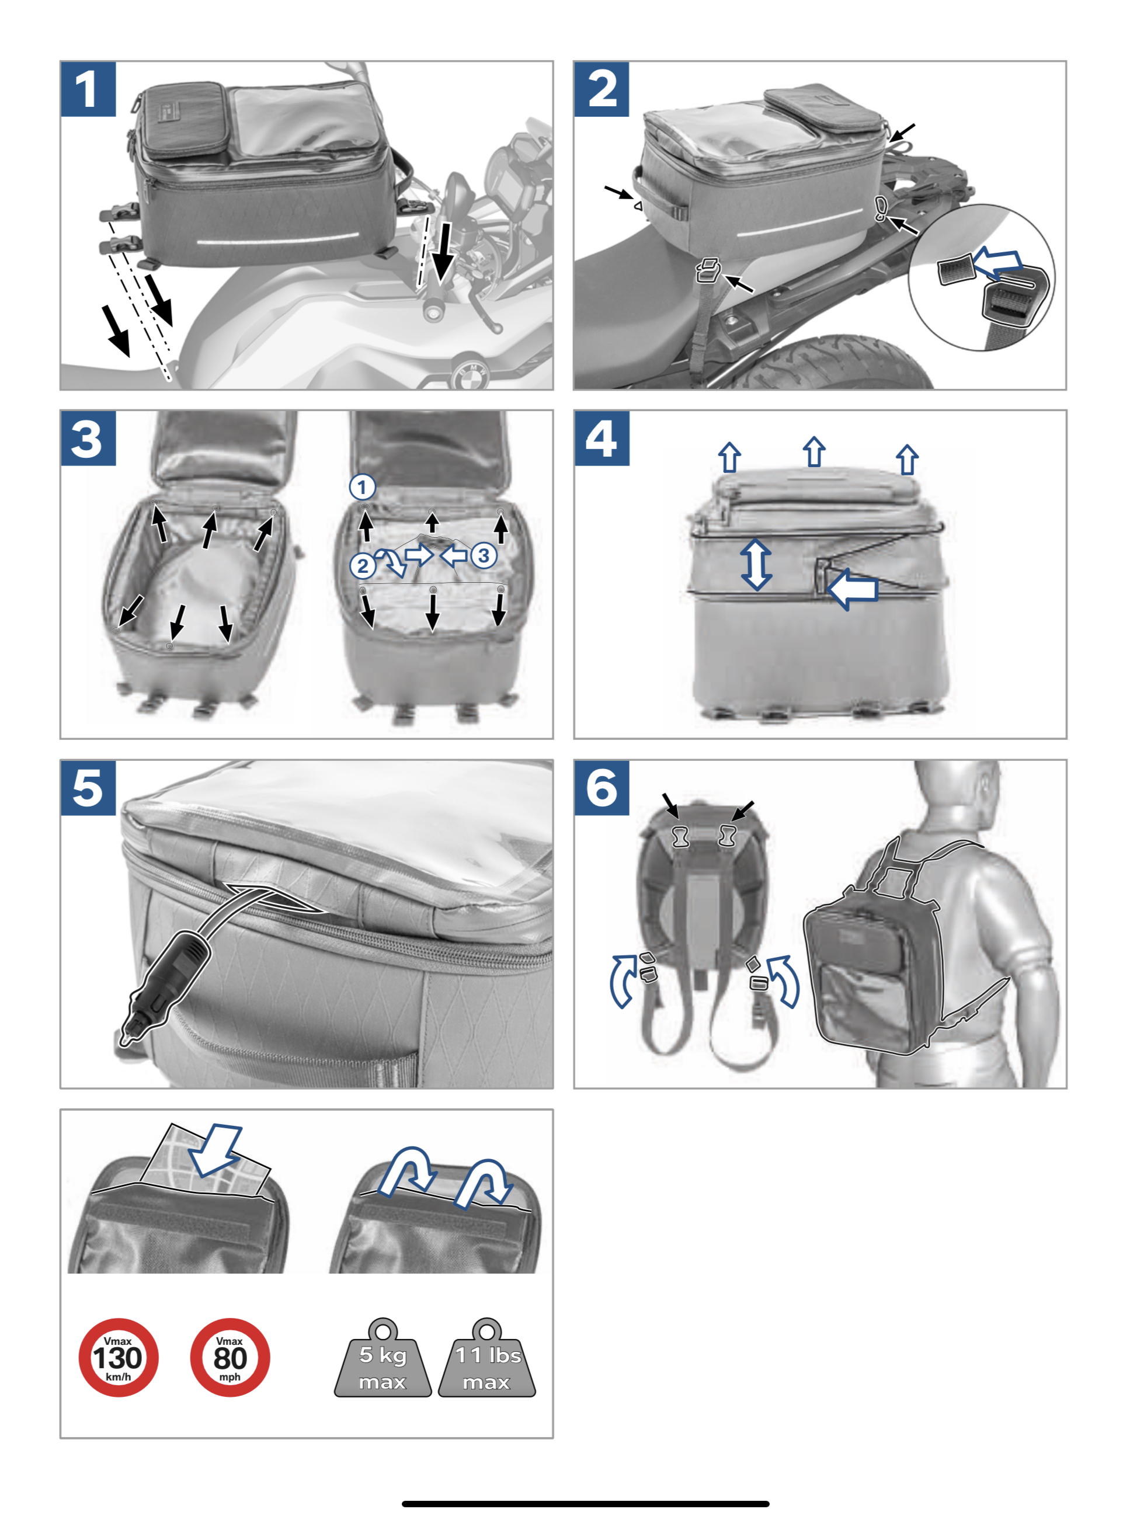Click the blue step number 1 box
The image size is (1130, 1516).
pyautogui.click(x=88, y=89)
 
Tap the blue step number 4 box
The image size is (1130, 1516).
pyautogui.click(x=602, y=439)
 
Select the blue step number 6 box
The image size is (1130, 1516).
pyautogui.click(x=602, y=787)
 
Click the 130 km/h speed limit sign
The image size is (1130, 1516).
pyautogui.click(x=119, y=1357)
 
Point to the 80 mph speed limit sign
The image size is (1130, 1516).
pyautogui.click(x=230, y=1357)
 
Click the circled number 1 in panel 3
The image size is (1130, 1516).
pyautogui.click(x=363, y=487)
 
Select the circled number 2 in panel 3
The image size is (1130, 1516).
pyautogui.click(x=363, y=566)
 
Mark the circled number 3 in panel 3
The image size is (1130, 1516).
pyautogui.click(x=484, y=555)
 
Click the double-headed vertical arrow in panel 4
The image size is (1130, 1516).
pyautogui.click(x=756, y=564)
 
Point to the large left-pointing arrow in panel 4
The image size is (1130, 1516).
pyautogui.click(x=851, y=588)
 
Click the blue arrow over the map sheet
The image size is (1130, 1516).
pyautogui.click(x=215, y=1149)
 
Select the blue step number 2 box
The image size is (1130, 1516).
pyautogui.click(x=602, y=89)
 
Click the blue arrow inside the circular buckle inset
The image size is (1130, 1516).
pyautogui.click(x=997, y=263)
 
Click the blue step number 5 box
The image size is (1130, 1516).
pyautogui.click(x=88, y=787)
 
